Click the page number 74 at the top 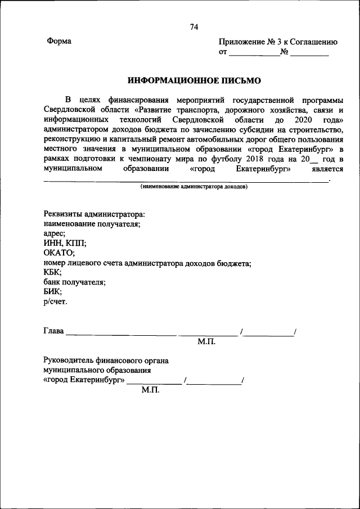pyautogui.click(x=194, y=27)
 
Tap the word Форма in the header pyautogui.click(x=58, y=42)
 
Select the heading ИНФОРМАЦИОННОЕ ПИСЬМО pyautogui.click(x=194, y=80)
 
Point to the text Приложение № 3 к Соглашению pyautogui.click(x=278, y=42)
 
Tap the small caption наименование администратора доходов pyautogui.click(x=194, y=186)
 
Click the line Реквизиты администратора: pyautogui.click(x=94, y=214)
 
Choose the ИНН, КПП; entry pyautogui.click(x=65, y=244)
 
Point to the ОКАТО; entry pyautogui.click(x=59, y=253)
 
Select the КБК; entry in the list pyautogui.click(x=54, y=273)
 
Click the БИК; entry pyautogui.click(x=53, y=292)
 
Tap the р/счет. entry pyautogui.click(x=55, y=301)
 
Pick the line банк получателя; pyautogui.click(x=74, y=282)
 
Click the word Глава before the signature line pyautogui.click(x=54, y=331)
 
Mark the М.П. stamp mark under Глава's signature pyautogui.click(x=206, y=341)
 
